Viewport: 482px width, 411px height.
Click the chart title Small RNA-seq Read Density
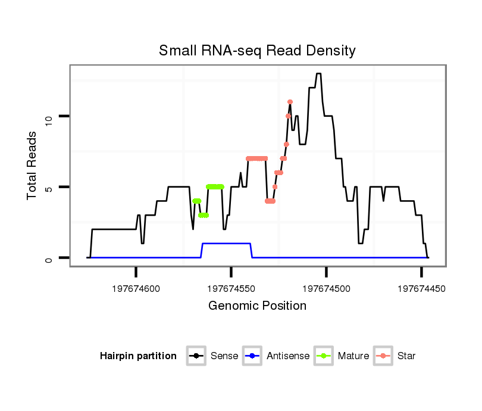coord(257,51)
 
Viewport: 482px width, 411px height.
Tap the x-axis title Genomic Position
coord(257,306)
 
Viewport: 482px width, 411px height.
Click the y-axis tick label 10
coord(49,117)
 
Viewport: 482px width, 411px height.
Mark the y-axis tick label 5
coord(49,187)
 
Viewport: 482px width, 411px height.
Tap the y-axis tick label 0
coord(49,258)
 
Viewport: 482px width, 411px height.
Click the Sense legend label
coord(224,356)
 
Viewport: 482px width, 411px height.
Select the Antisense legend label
coord(288,356)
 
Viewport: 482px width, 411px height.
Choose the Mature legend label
coord(353,356)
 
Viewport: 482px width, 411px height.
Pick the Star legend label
coord(406,356)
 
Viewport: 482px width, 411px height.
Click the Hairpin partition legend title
coord(138,356)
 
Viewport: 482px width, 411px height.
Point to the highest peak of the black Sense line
coord(318,74)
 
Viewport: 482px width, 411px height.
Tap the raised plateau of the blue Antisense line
coord(226,244)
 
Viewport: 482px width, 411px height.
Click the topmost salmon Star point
coord(290,102)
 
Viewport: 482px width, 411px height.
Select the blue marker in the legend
coord(252,356)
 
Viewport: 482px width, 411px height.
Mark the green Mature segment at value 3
coord(204,215)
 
